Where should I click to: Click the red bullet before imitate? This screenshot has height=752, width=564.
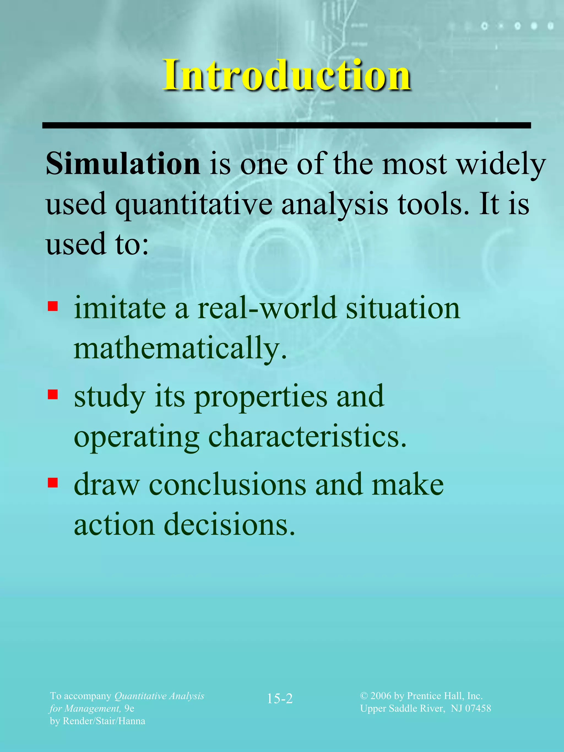(x=53, y=306)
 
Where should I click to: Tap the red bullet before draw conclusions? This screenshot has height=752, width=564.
(x=53, y=482)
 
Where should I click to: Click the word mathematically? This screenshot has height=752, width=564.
(x=180, y=348)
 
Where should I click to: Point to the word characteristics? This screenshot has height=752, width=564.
(x=307, y=436)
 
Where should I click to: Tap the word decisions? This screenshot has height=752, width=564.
(x=229, y=525)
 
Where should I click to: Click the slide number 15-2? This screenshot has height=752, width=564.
(x=280, y=699)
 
